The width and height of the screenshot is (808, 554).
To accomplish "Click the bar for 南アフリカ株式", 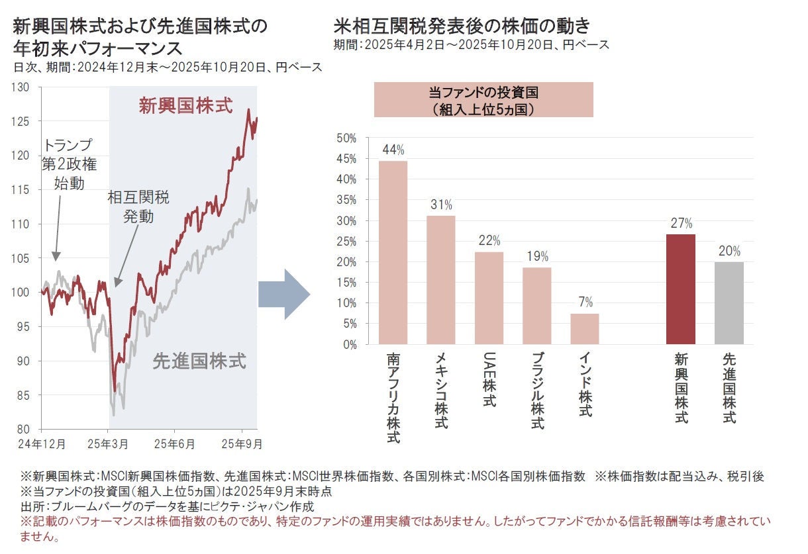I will (x=393, y=253).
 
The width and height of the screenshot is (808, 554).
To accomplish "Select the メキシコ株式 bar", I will (x=440, y=280).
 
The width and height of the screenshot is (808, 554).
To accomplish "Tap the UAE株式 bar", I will (x=489, y=298).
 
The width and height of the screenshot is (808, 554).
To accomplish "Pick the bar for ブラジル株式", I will (x=536, y=306).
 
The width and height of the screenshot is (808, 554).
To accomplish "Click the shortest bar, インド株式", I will (x=585, y=329).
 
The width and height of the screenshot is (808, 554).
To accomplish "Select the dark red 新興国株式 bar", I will (x=681, y=289).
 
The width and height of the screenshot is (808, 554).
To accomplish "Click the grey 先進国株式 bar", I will (x=729, y=303).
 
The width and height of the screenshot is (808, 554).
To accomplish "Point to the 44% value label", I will (x=393, y=150).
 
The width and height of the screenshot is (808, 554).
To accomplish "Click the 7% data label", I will (x=585, y=302).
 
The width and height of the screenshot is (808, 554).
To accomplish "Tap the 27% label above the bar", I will (x=681, y=223).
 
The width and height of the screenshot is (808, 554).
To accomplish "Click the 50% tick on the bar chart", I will (x=346, y=138).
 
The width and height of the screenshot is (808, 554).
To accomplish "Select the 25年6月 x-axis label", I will (x=174, y=443).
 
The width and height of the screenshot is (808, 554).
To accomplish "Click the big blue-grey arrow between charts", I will (x=284, y=294).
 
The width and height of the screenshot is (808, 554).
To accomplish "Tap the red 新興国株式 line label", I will (x=185, y=106).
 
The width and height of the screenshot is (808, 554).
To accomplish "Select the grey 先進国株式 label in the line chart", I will (x=199, y=361).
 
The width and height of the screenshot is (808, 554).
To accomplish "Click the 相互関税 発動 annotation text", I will (x=138, y=207).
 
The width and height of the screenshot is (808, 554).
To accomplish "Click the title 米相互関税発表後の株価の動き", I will (x=462, y=26).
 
